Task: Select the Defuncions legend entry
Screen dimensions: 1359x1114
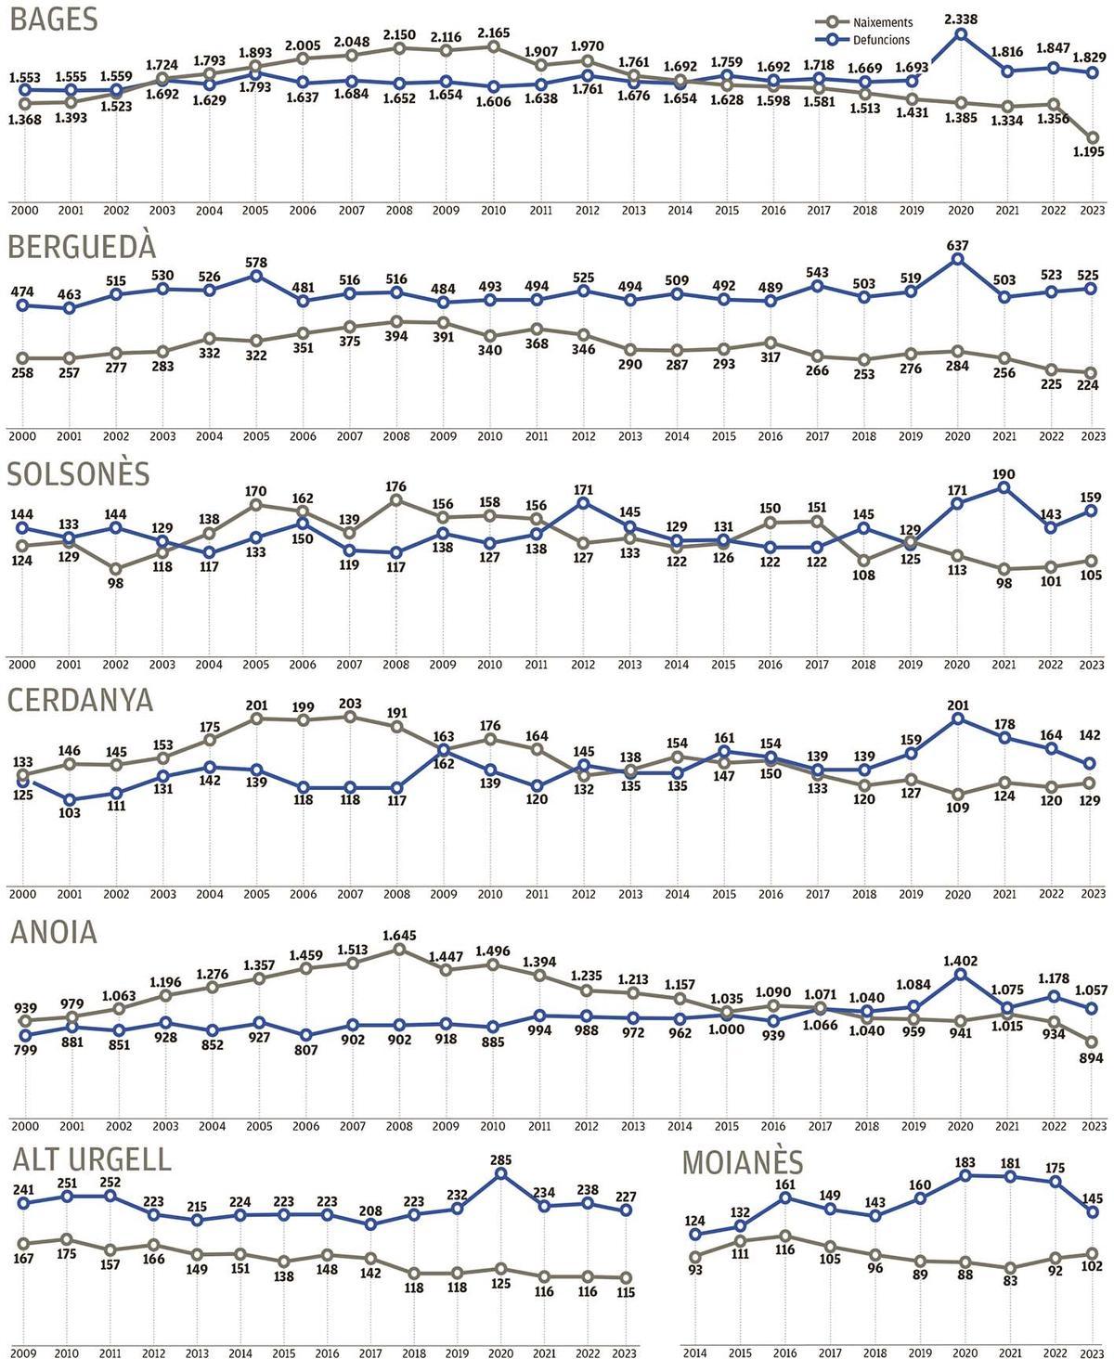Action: click(x=881, y=40)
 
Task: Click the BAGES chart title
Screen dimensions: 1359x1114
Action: click(x=53, y=20)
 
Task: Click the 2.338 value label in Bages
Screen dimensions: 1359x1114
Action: click(x=961, y=17)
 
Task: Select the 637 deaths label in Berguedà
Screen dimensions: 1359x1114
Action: click(x=957, y=246)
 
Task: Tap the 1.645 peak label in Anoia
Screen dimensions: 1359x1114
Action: click(x=398, y=934)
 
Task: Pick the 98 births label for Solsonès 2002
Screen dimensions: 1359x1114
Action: click(x=115, y=584)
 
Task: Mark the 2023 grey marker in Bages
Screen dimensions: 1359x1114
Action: click(x=1095, y=137)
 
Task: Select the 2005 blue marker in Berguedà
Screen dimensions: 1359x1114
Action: click(x=257, y=276)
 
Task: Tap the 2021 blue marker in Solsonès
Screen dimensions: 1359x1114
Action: click(x=1004, y=486)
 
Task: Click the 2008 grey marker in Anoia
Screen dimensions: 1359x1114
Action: click(x=399, y=950)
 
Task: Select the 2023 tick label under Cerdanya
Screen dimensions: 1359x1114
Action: click(x=1094, y=894)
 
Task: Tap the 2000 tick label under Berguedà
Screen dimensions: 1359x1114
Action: click(x=22, y=436)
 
